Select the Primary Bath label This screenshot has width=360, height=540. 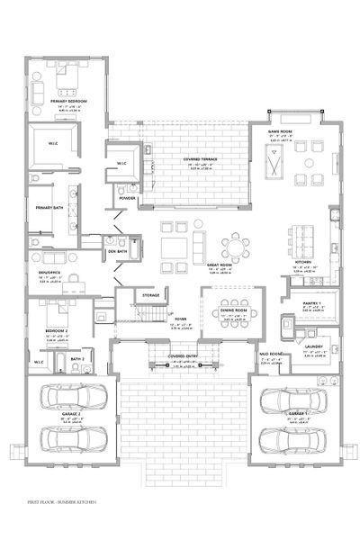[x=49, y=207]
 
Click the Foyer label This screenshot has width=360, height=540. [x=180, y=319]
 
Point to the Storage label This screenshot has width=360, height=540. [x=150, y=295]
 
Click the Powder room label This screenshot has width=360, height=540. [x=128, y=198]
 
